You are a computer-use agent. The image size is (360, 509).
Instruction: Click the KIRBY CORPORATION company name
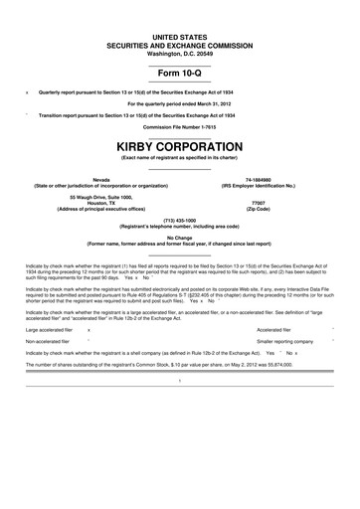180,146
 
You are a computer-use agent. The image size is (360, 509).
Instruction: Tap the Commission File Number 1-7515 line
180,128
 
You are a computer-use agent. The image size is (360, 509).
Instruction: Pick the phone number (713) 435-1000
180,220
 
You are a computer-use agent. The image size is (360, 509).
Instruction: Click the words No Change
180,237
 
